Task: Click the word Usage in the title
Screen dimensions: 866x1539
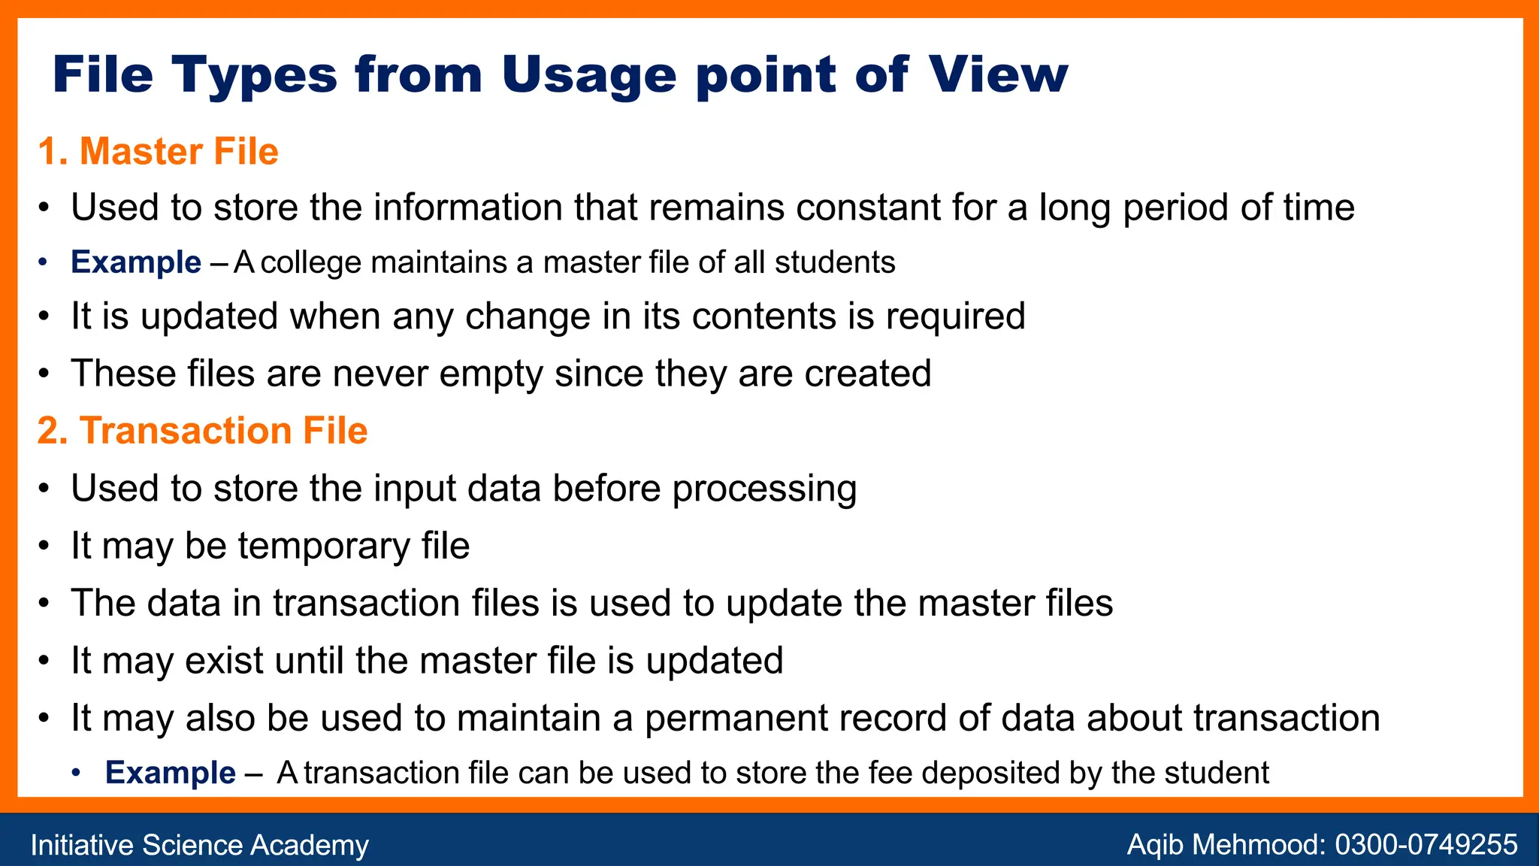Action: coord(588,75)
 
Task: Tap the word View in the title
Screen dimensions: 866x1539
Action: coord(997,75)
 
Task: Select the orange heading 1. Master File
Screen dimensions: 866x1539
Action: coord(158,151)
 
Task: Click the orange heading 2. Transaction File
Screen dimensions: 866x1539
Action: coord(202,431)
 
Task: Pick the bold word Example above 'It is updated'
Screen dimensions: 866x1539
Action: coord(136,262)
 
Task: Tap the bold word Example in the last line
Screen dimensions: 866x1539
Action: coord(171,773)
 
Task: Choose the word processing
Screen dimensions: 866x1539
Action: coord(764,489)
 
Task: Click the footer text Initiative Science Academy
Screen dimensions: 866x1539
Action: coord(199,845)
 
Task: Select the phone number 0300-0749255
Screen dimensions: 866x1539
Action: coord(1426,845)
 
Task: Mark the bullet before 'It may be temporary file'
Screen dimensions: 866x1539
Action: coord(45,546)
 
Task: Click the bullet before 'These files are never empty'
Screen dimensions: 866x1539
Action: coord(45,374)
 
